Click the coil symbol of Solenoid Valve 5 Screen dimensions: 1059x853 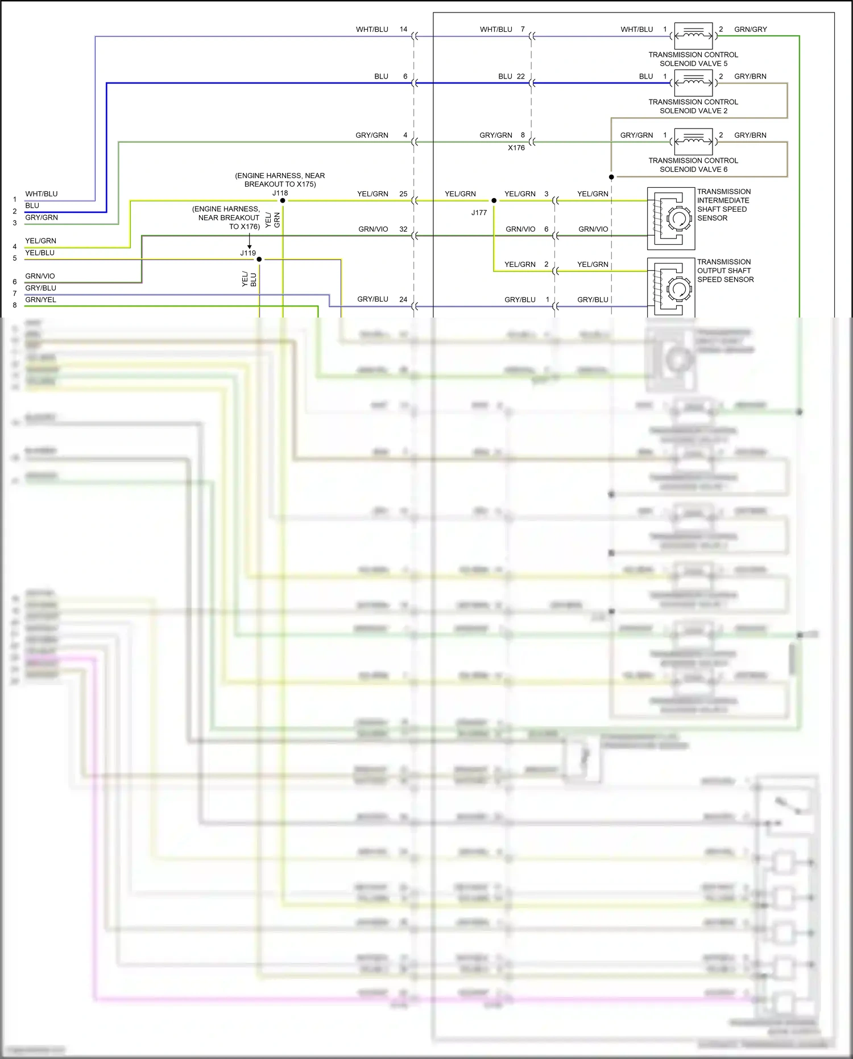tap(693, 35)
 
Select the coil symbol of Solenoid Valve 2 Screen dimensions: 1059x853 tap(693, 83)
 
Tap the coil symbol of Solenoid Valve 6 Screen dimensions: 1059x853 tap(693, 141)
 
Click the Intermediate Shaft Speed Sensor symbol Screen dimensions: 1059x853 tap(671, 219)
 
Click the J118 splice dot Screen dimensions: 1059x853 tap(283, 200)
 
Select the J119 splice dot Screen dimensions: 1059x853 tap(259, 259)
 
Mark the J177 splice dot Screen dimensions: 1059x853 tap(494, 200)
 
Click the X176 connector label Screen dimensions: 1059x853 tap(516, 148)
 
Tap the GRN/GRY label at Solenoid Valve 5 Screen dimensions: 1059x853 tap(750, 29)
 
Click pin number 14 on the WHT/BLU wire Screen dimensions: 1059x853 tap(403, 29)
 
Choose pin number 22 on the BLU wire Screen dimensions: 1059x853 tap(520, 76)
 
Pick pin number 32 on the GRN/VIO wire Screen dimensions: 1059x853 tap(403, 229)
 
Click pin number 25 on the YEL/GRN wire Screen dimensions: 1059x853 tap(403, 194)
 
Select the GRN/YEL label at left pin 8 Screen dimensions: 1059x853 tap(41, 300)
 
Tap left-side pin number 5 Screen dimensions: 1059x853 tap(15, 258)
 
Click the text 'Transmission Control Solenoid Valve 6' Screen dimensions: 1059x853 tap(693, 165)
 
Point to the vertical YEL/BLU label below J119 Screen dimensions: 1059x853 tap(249, 279)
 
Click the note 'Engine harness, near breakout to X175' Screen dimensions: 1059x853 tap(280, 180)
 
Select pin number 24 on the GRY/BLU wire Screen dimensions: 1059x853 tap(403, 299)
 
